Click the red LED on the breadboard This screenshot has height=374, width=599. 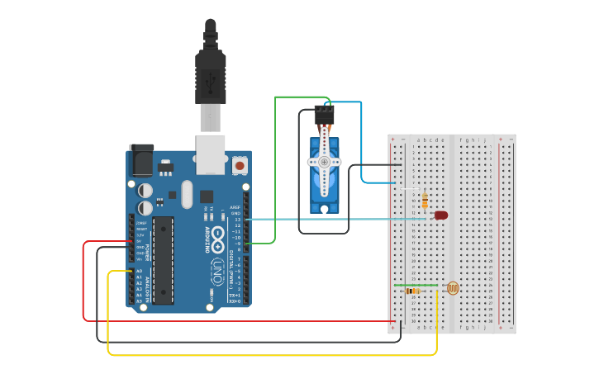(x=441, y=215)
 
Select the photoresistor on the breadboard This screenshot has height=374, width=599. (x=452, y=288)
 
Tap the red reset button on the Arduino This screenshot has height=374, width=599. (x=240, y=166)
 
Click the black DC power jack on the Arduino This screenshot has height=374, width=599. (x=141, y=159)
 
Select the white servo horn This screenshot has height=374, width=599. (x=324, y=163)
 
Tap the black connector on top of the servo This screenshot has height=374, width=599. (x=324, y=113)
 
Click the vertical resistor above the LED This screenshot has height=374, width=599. (x=425, y=201)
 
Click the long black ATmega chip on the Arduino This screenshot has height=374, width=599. (x=163, y=260)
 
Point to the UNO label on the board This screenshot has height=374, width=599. (x=216, y=269)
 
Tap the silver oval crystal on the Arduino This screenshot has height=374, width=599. (x=187, y=195)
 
